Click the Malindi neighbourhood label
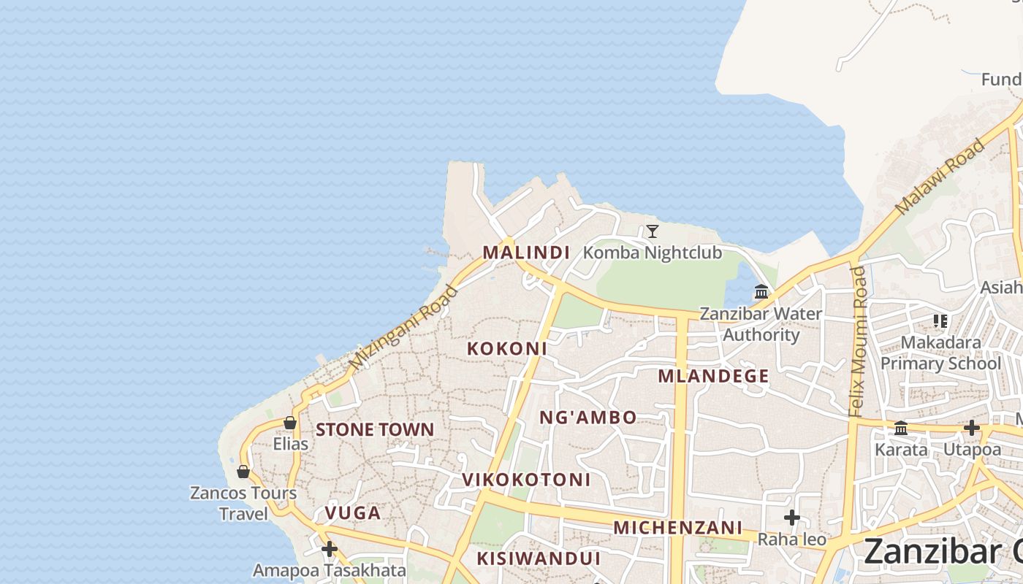(x=526, y=253)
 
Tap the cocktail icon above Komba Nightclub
(x=653, y=231)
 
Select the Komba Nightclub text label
(x=653, y=253)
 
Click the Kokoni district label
(x=507, y=349)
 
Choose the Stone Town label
(x=375, y=430)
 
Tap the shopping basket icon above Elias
(x=290, y=423)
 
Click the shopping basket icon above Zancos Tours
(x=243, y=472)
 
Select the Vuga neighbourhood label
(x=353, y=513)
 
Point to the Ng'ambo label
(x=588, y=418)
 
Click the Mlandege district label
(x=713, y=377)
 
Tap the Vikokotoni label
(x=526, y=480)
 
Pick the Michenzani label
(x=677, y=528)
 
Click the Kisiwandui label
(x=539, y=559)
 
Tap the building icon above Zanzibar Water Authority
(x=761, y=292)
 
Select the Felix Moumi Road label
(x=858, y=342)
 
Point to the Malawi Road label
(x=940, y=177)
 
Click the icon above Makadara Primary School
(x=940, y=320)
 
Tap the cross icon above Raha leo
(x=791, y=518)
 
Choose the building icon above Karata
(x=901, y=428)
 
